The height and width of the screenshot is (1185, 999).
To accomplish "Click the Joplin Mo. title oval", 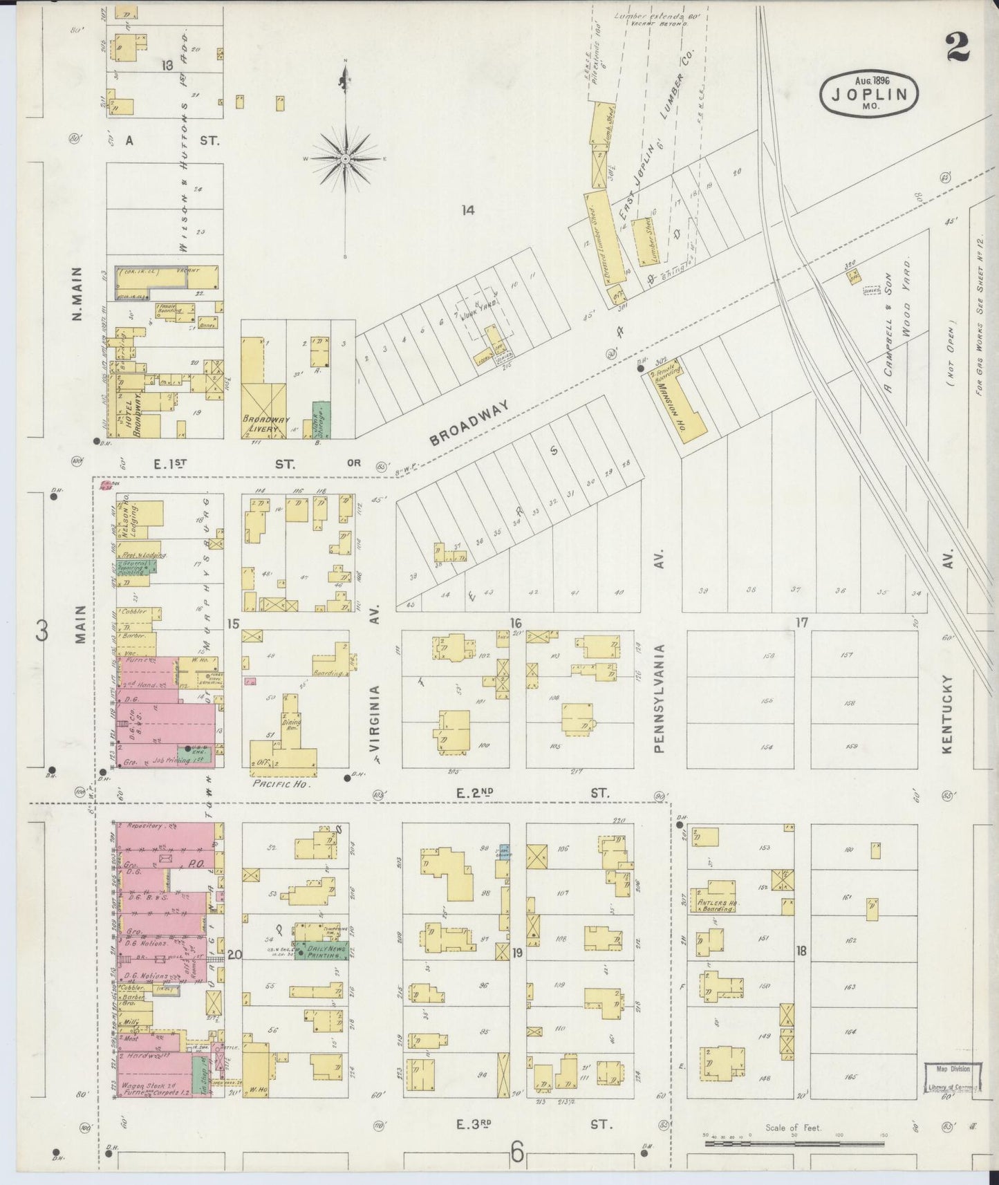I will click(x=870, y=92).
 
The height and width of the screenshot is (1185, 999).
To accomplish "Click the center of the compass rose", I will click(x=345, y=158).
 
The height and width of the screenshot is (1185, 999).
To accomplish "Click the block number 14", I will click(x=469, y=210).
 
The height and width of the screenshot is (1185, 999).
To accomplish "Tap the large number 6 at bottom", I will click(x=517, y=1153).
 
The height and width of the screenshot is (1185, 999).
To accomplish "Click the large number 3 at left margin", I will click(x=43, y=631).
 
